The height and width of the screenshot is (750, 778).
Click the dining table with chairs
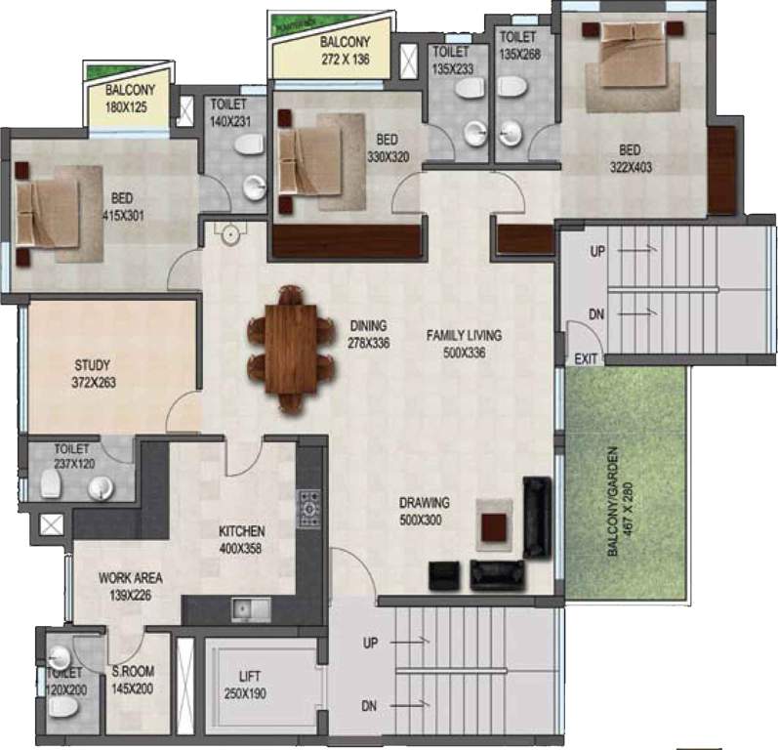pyautogui.click(x=290, y=347)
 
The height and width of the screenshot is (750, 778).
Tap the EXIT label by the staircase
pyautogui.click(x=586, y=359)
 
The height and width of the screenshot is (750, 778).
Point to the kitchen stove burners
pyautogui.click(x=310, y=509)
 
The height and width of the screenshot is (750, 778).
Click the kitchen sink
pyautogui.click(x=250, y=609)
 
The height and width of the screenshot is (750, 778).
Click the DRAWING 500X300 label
pyautogui.click(x=420, y=512)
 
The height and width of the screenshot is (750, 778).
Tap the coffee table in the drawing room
pyautogui.click(x=496, y=523)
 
